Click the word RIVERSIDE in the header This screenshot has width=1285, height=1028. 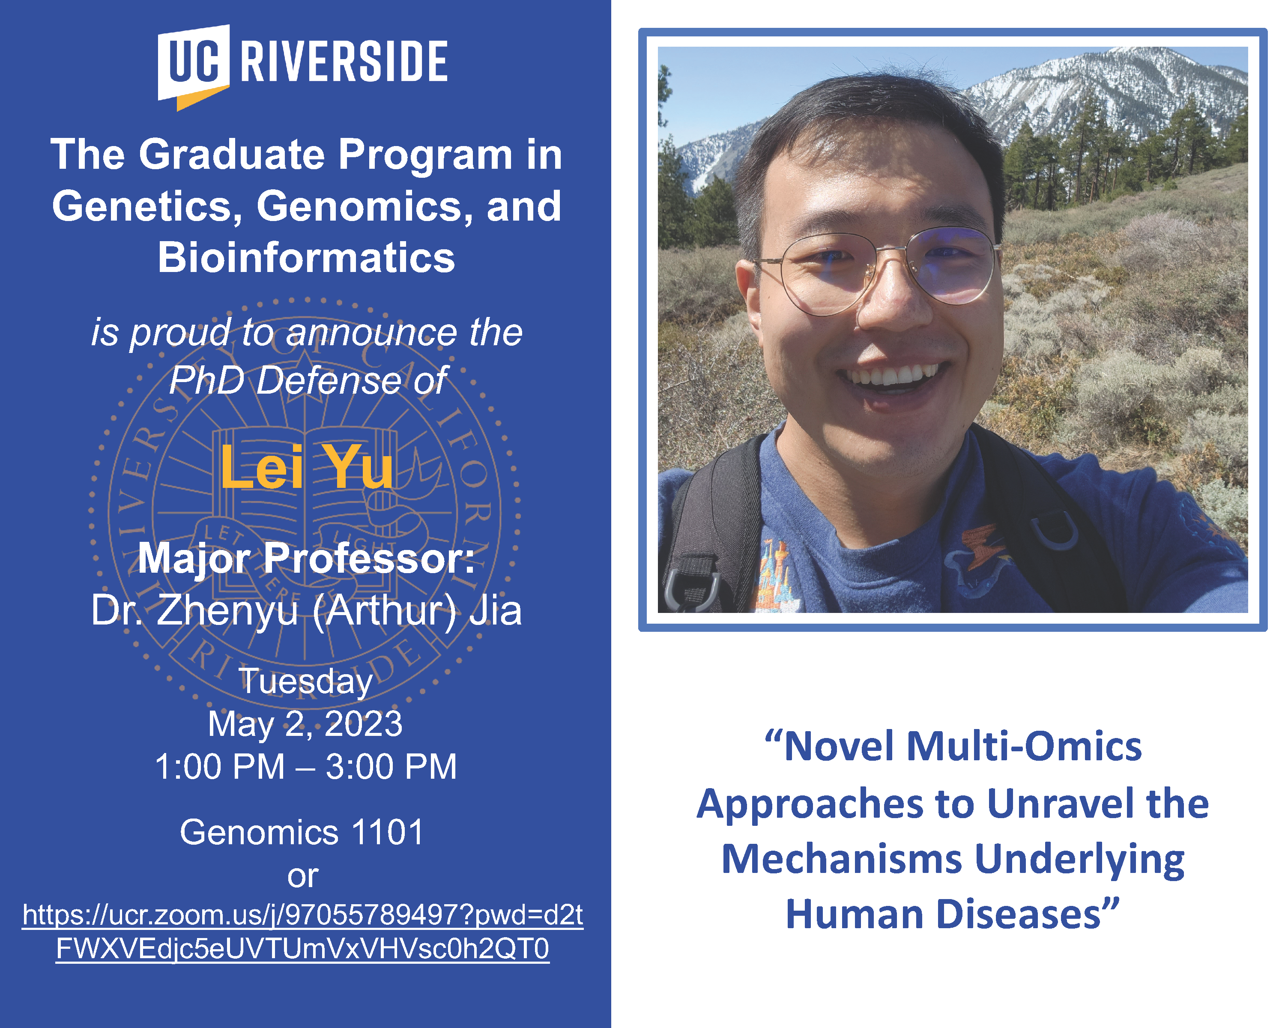click(x=344, y=61)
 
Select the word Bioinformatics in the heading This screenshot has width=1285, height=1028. click(x=306, y=257)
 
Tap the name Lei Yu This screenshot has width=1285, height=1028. click(x=307, y=467)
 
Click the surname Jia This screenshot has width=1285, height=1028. click(x=495, y=610)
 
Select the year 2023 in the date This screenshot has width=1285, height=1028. click(x=364, y=724)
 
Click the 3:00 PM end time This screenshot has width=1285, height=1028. click(x=391, y=767)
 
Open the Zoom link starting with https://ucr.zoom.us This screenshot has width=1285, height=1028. click(x=303, y=932)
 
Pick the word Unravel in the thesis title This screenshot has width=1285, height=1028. click(x=1061, y=803)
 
